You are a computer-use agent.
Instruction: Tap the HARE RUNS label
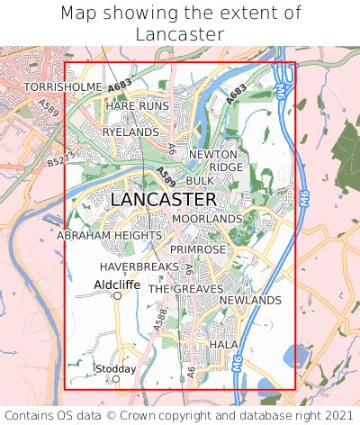tap(137, 106)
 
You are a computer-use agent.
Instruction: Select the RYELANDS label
tap(130, 131)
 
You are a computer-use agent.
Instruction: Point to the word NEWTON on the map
tap(212, 155)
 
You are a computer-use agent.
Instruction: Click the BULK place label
tap(200, 181)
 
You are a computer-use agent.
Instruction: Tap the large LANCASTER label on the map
tap(163, 200)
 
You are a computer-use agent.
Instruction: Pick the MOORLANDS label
tap(207, 219)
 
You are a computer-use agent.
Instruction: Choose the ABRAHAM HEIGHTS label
tap(109, 235)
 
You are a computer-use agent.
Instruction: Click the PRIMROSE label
tap(197, 249)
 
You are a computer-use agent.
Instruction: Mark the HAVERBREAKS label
tap(139, 267)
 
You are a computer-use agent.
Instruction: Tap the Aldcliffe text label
tap(116, 284)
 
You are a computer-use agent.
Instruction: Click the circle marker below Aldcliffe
tap(117, 295)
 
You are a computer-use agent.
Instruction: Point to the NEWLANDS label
tap(250, 300)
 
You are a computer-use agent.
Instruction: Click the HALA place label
tap(222, 345)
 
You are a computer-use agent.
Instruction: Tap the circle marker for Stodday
tap(116, 379)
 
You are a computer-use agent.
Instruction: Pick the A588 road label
tap(161, 318)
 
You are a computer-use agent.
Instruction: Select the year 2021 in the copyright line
tap(334, 415)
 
